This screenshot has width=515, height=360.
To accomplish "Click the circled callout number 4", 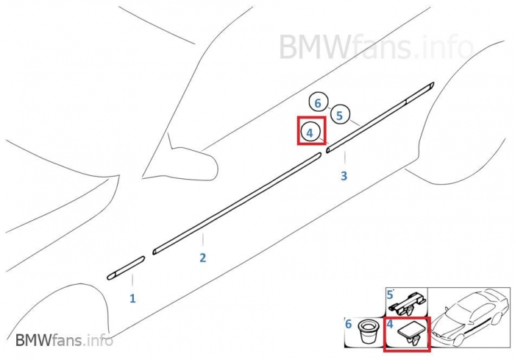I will click(x=310, y=133).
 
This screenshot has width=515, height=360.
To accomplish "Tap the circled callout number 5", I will click(x=339, y=115).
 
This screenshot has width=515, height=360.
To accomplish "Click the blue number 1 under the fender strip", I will click(x=133, y=298).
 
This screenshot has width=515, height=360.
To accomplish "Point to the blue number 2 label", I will click(x=202, y=258).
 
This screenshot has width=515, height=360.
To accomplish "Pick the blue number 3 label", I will click(x=344, y=176).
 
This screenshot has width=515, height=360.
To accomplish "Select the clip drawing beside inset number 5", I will click(x=407, y=302).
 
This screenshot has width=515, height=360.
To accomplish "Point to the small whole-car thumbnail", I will click(x=469, y=319).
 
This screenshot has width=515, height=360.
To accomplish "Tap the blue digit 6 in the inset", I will click(x=349, y=323).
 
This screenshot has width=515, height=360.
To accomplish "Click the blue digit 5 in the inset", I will click(x=390, y=294).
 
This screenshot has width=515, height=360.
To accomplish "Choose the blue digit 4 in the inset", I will click(x=389, y=323).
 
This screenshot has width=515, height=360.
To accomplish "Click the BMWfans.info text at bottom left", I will click(x=65, y=340).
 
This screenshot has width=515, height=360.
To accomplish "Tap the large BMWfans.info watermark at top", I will click(x=375, y=46).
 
